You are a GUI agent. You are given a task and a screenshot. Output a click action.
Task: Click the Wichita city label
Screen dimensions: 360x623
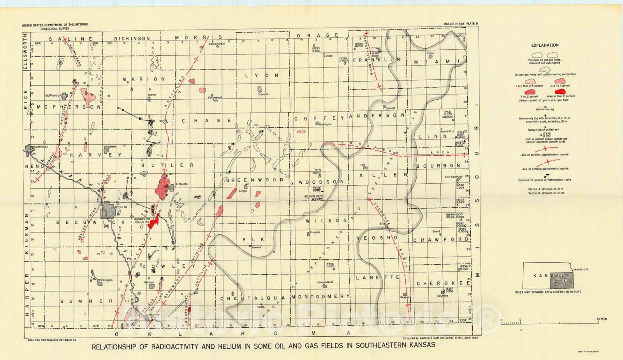pos(121,207)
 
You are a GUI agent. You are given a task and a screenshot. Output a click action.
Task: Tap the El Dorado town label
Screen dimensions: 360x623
pos(182,184)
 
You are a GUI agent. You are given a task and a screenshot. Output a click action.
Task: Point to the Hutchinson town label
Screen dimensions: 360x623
pos(40,147)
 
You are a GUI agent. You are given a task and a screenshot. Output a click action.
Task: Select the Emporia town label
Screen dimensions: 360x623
pos(263,94)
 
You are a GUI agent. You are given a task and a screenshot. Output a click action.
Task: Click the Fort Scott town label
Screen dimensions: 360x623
pos(451,177)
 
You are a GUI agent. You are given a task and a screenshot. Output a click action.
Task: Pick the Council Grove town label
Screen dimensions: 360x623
pos(217,44)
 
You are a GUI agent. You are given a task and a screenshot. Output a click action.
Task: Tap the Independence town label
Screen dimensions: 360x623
pos(325,282)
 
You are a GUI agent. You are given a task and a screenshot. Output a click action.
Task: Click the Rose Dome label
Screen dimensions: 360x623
pos(317,189)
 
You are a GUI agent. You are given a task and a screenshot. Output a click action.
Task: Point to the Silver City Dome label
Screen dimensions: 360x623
pos(314,197)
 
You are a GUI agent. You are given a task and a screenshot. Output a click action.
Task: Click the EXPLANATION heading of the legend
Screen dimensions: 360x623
pos(545,45)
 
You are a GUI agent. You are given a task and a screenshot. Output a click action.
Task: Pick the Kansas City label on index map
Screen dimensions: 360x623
pos(581,269)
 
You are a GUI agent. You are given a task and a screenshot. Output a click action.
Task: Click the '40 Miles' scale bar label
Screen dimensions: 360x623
pos(602,319)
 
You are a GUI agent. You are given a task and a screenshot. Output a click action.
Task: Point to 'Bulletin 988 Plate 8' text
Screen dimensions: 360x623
pos(461,24)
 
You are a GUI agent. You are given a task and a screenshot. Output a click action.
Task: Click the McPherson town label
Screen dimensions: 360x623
pos(53,95)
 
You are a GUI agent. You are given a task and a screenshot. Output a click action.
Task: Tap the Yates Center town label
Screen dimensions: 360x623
pos(317,171)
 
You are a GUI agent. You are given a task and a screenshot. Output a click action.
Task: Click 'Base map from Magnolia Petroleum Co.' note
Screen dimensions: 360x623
pos(52,340)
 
